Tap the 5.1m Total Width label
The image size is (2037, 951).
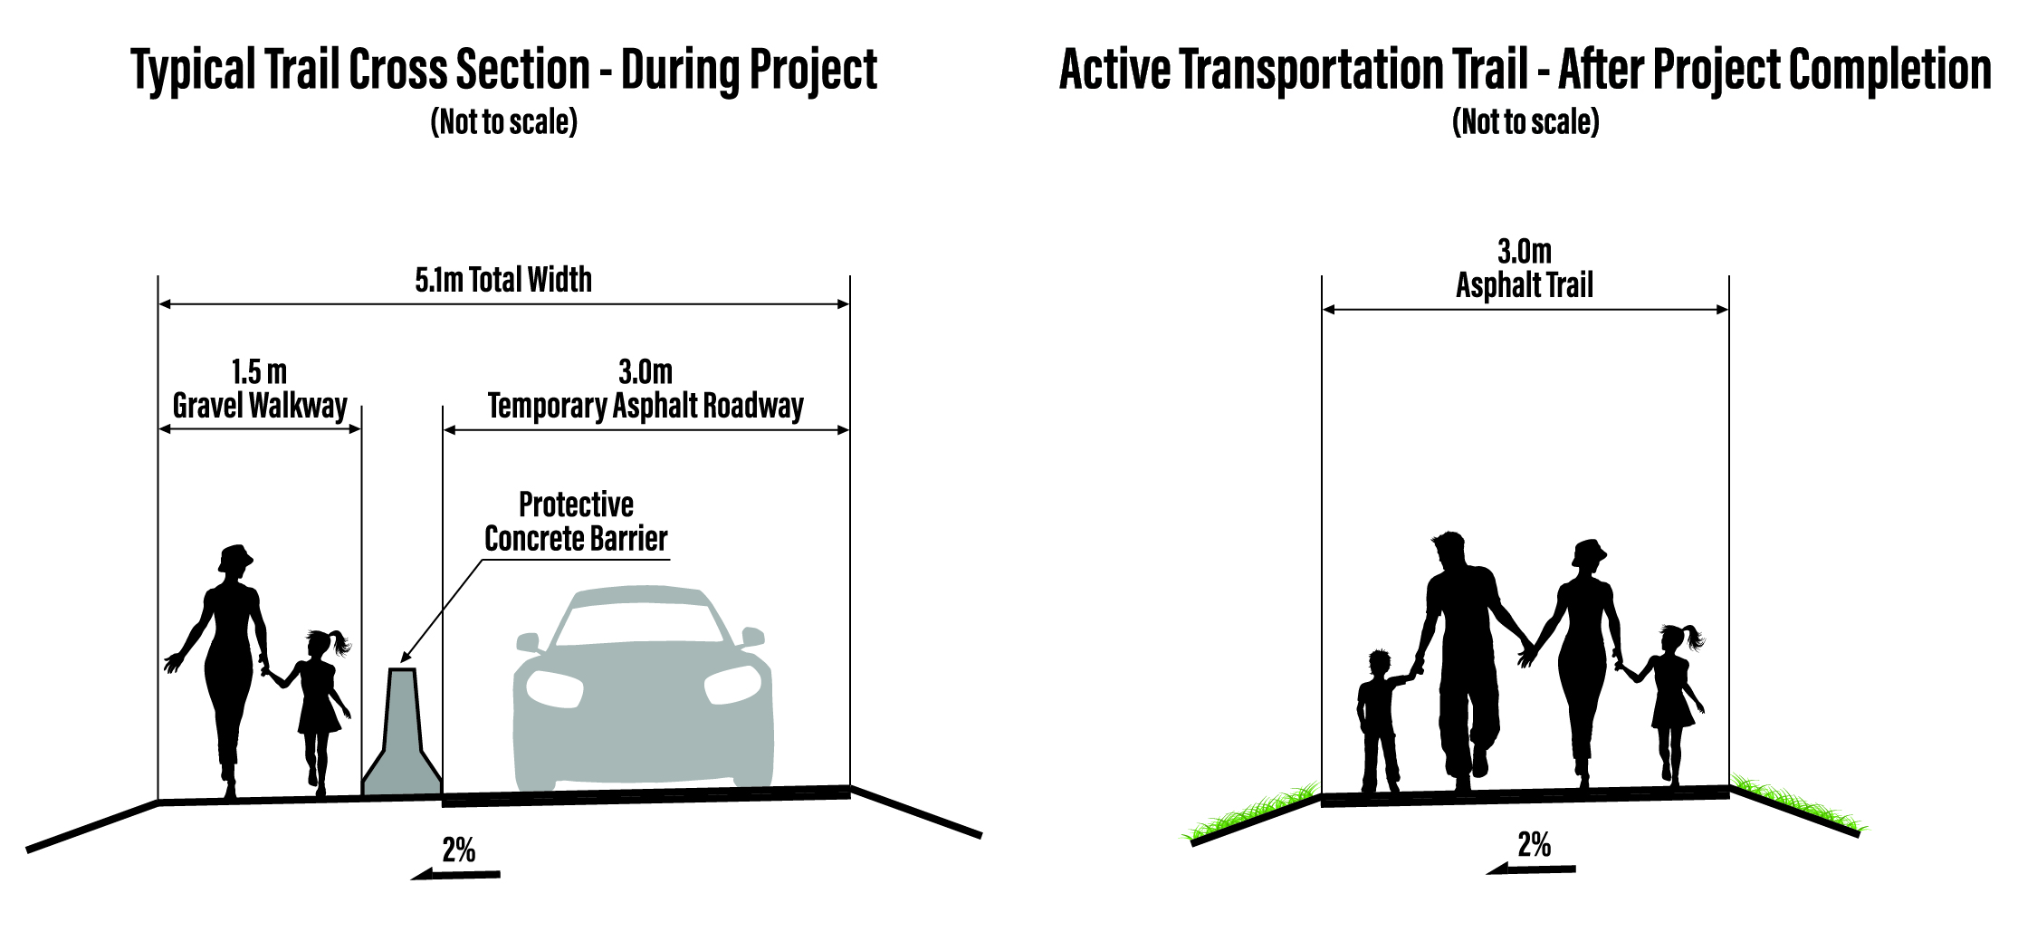[503, 280]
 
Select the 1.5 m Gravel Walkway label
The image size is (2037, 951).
[260, 389]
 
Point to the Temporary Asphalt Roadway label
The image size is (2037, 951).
[646, 407]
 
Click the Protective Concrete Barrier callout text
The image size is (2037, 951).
[576, 522]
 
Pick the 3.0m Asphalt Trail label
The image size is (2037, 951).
[1525, 268]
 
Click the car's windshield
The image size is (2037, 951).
[644, 624]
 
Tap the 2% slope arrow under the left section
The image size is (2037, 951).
[455, 874]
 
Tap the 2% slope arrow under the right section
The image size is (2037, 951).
[1531, 869]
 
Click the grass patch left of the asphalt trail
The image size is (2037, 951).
[1254, 812]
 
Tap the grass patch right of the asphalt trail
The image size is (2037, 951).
[1797, 802]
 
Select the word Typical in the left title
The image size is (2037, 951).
[194, 71]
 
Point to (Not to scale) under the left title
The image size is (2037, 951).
[503, 121]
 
